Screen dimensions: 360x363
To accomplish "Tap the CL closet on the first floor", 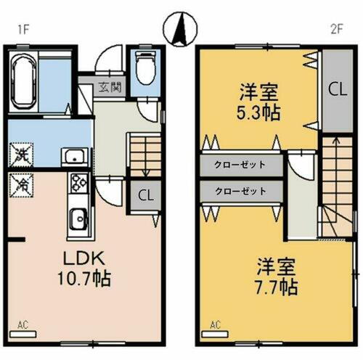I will [145, 195].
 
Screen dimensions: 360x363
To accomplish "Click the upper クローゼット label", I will [240, 165].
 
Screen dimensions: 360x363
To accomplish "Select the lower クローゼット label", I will [240, 191].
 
